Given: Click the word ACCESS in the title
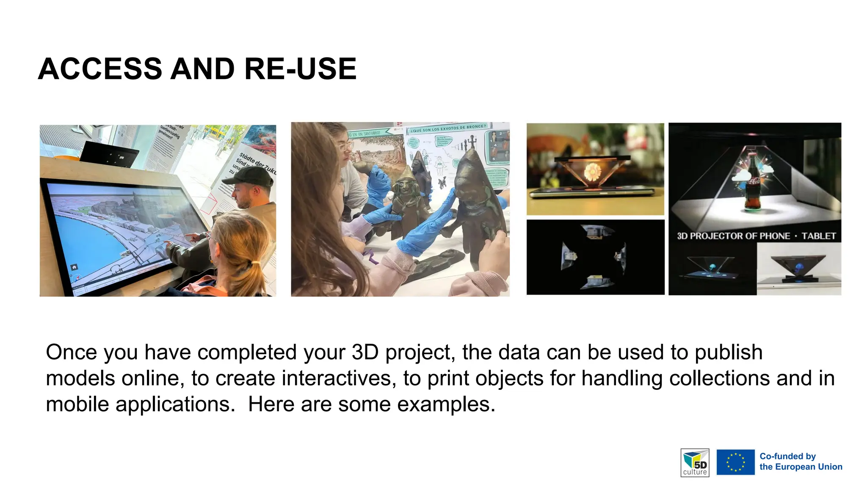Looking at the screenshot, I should point(100,69).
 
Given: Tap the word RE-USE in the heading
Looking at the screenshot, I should point(300,69).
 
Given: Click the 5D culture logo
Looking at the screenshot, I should point(695,462).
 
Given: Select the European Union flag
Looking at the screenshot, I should point(735,462).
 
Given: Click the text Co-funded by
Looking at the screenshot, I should point(787,456).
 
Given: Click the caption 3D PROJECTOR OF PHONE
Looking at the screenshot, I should point(733,236).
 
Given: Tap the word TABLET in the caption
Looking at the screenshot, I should point(818,236).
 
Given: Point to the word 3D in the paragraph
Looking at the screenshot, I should point(365,352).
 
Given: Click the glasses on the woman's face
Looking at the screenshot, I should point(346,147).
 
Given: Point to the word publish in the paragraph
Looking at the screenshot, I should point(728,352).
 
